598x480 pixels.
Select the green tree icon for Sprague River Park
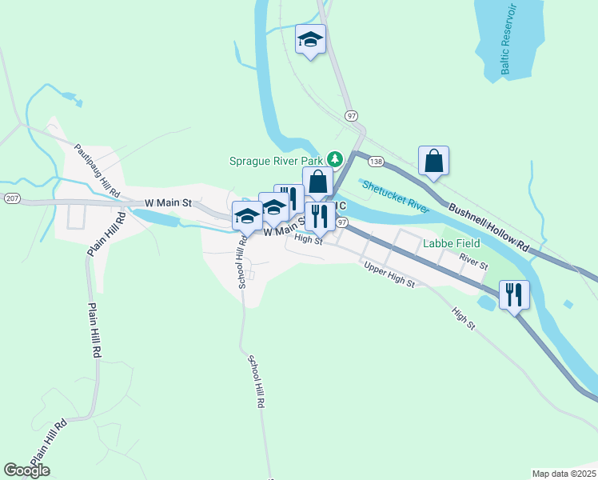tap(337, 159)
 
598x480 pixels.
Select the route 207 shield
tap(11, 197)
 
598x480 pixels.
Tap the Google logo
tap(26, 470)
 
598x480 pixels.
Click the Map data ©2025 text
tap(564, 474)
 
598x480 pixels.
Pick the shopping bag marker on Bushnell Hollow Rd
tap(433, 161)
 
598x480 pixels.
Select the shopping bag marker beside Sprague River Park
tap(317, 182)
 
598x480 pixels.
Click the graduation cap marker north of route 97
tap(310, 39)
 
